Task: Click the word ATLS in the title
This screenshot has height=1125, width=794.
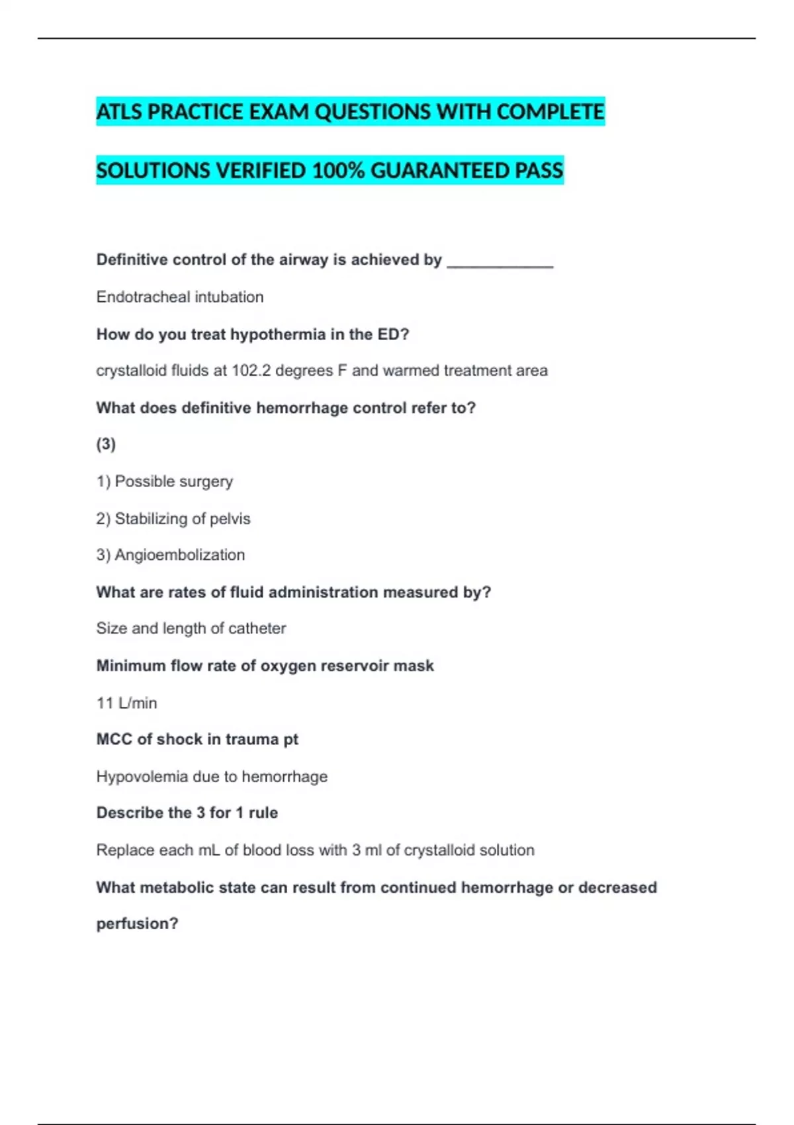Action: tap(119, 112)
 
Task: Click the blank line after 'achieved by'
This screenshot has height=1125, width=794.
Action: tap(500, 261)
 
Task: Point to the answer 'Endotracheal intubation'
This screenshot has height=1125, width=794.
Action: tap(179, 297)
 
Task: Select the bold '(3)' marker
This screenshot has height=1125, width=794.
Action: tap(106, 444)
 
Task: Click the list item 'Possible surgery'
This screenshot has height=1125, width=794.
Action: tap(173, 481)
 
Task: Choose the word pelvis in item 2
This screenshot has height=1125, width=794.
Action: tap(230, 519)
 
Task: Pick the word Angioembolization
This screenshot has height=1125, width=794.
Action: tap(179, 555)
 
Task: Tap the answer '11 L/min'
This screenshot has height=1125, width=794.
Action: tap(126, 703)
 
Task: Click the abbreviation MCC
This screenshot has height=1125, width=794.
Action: tap(114, 739)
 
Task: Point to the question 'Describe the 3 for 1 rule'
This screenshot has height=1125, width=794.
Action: tap(187, 813)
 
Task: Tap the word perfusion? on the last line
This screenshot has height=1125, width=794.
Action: tap(137, 924)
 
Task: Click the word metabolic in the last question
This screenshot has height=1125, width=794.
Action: tap(177, 887)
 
